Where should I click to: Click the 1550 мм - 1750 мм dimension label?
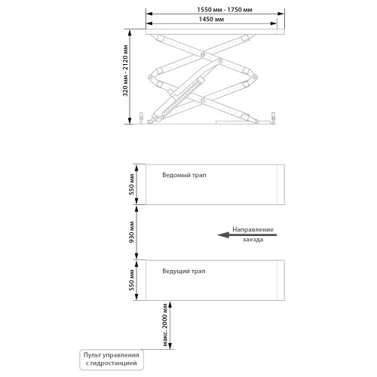pos(225,10)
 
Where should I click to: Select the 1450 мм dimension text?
pos(211,19)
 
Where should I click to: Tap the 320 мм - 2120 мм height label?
pos(125,71)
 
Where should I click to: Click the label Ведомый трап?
pos(184,175)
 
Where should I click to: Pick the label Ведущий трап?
pos(184,271)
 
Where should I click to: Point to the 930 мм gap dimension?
pos(131,232)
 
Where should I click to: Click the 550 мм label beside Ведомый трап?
pos(131,185)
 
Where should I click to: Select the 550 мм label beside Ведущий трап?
pos(131,280)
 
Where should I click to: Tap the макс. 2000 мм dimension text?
pos(164,325)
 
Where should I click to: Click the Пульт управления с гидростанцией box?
pos(112,360)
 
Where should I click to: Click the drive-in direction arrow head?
pos(223,235)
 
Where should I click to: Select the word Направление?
pos(253,229)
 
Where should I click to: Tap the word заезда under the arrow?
pos(253,240)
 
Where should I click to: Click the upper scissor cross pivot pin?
pos(203,54)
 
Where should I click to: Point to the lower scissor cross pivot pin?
pos(203,100)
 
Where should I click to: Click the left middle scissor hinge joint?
pos(151,77)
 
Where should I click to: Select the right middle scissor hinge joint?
pos(254,77)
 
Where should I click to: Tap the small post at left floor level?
pos(142,118)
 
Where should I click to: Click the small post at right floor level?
pos(273,118)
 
